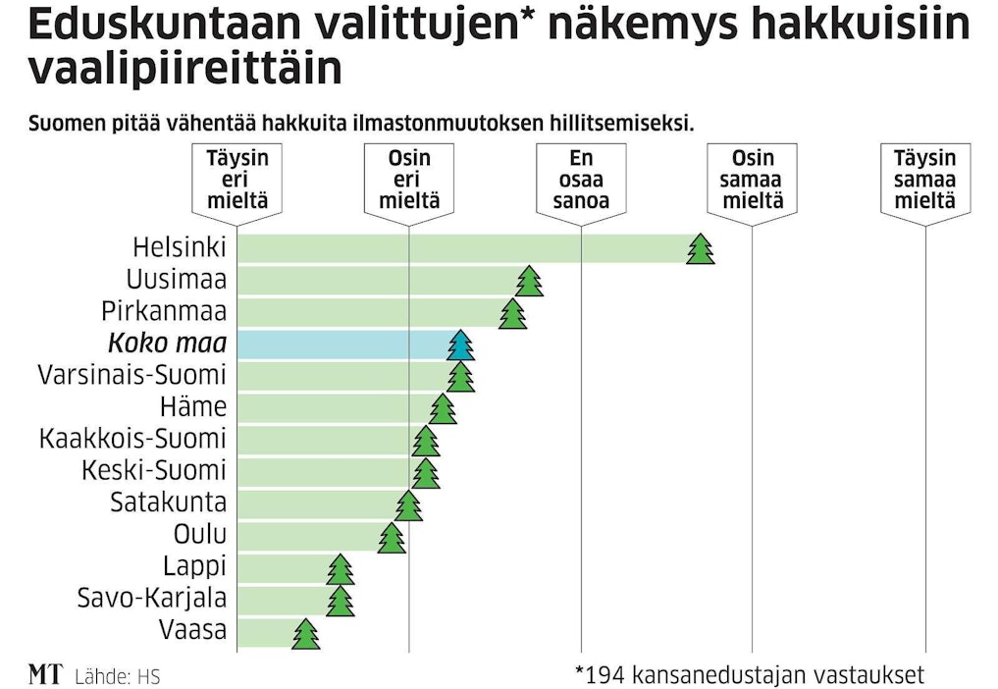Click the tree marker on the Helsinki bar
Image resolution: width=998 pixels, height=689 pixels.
pos(700,249)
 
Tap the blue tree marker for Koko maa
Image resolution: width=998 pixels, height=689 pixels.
pos(460,345)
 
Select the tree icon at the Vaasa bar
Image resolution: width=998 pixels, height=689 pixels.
pos(306,634)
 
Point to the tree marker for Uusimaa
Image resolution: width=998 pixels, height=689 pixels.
pos(529,281)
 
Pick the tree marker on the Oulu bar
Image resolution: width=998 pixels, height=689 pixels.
pos(392,538)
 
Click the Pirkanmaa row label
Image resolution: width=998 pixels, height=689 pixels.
pos(164,312)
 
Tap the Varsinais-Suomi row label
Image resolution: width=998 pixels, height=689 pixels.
pos(131,376)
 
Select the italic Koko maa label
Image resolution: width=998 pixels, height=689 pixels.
pos(168,344)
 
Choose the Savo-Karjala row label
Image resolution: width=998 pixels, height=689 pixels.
pos(152,598)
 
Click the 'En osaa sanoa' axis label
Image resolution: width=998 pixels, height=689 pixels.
pos(581,181)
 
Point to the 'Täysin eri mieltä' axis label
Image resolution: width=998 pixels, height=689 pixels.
pos(237,181)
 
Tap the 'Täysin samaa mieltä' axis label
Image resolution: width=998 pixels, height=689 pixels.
pos(924,181)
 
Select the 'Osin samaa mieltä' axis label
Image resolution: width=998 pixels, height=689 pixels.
pos(753,181)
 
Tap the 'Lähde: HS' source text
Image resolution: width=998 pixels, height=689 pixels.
pos(117,676)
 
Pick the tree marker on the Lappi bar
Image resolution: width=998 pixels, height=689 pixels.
pos(341,569)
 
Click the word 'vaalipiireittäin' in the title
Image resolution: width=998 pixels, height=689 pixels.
pos(186,71)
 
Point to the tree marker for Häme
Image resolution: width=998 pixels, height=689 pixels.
pos(443,408)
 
